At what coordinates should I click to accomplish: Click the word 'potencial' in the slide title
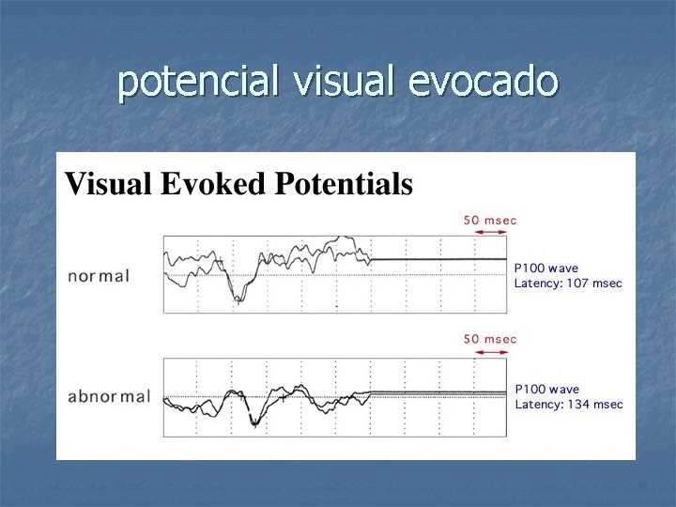click(198, 83)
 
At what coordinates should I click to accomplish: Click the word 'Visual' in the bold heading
click(105, 184)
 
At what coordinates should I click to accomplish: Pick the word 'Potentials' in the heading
click(343, 184)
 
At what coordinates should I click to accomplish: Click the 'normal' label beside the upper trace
click(99, 277)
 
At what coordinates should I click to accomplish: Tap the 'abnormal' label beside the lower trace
click(109, 396)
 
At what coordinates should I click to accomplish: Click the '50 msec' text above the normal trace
click(490, 220)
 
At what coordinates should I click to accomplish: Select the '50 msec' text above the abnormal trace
click(490, 339)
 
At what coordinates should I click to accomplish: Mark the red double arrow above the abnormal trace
click(491, 352)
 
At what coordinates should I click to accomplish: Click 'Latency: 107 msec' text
click(568, 284)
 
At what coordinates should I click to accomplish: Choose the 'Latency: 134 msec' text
click(568, 405)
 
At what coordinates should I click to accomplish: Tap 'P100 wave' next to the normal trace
click(547, 269)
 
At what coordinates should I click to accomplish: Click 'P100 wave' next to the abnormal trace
click(547, 389)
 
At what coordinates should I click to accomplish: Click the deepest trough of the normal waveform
click(238, 300)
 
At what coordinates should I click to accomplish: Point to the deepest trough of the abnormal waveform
click(253, 424)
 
